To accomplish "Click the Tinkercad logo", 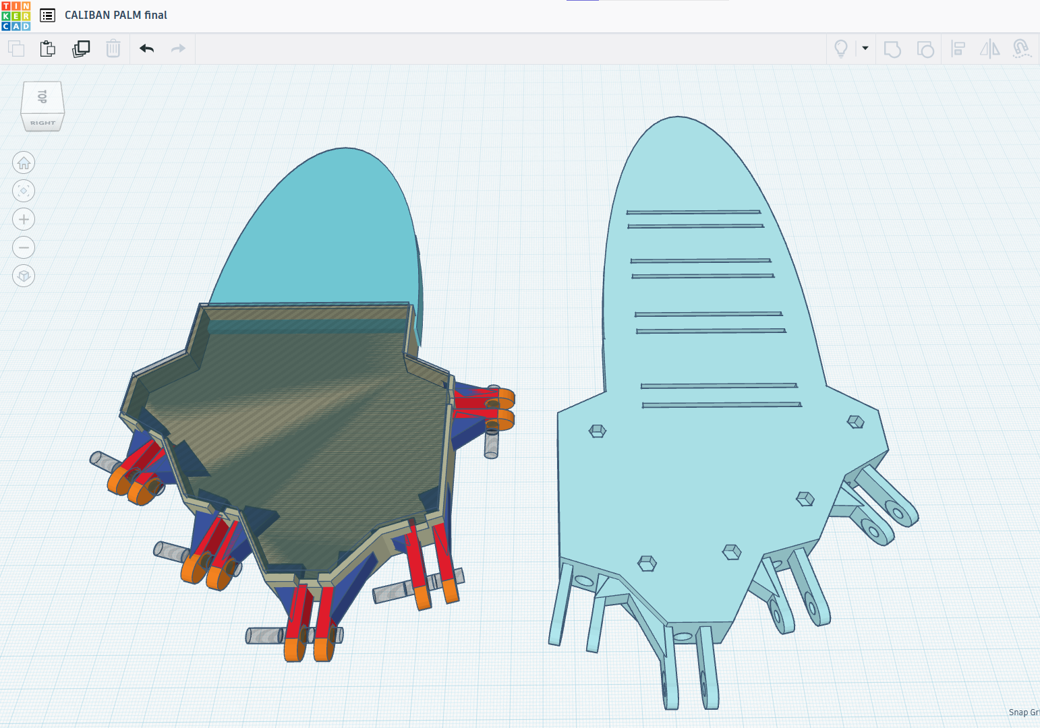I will click(16, 16).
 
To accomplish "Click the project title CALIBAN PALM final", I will click(115, 15).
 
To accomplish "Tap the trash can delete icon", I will click(113, 49).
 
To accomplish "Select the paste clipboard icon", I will click(47, 49).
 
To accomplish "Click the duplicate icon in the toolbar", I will click(81, 49).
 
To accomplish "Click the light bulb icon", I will click(840, 49).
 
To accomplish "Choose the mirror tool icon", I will click(989, 49).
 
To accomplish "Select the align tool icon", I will click(958, 49).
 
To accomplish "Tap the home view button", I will click(24, 162).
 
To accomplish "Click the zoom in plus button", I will click(24, 219).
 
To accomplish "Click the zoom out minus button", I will click(24, 247).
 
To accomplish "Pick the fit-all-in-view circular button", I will click(24, 191).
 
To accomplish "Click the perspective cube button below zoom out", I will click(24, 276).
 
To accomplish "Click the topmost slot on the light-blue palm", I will click(693, 212).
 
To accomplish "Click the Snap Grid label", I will click(1023, 712).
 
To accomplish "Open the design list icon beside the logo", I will click(47, 15).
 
